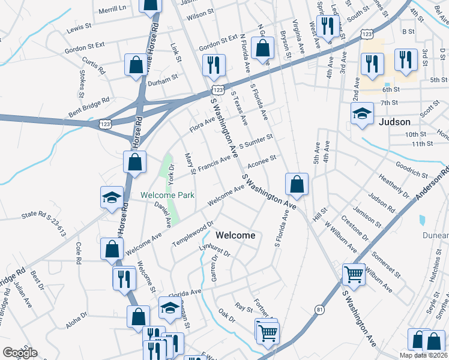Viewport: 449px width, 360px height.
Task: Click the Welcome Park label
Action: [167, 196]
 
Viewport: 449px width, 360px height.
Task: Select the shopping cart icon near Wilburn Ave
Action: [354, 275]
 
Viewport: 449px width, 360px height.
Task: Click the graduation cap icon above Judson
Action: [362, 113]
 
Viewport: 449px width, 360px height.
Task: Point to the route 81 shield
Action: [319, 310]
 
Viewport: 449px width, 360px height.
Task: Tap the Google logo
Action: [20, 352]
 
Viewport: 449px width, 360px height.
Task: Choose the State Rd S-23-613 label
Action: [43, 223]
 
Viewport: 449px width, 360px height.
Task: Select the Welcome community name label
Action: [235, 235]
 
